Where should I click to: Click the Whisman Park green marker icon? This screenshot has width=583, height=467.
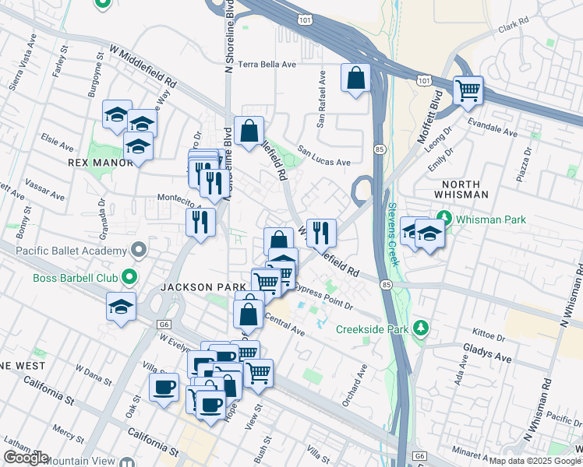tap(444, 216)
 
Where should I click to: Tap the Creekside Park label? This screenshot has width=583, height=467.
tap(373, 329)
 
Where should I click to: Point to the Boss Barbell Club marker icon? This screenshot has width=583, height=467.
tap(130, 276)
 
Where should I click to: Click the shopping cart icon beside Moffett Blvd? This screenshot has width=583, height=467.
tap(468, 90)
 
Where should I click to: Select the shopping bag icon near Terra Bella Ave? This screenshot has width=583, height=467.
tap(355, 79)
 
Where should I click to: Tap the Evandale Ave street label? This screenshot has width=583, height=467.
tap(492, 128)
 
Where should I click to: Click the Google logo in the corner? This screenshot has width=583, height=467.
tap(26, 458)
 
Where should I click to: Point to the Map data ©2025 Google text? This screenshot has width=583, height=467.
tap(534, 461)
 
